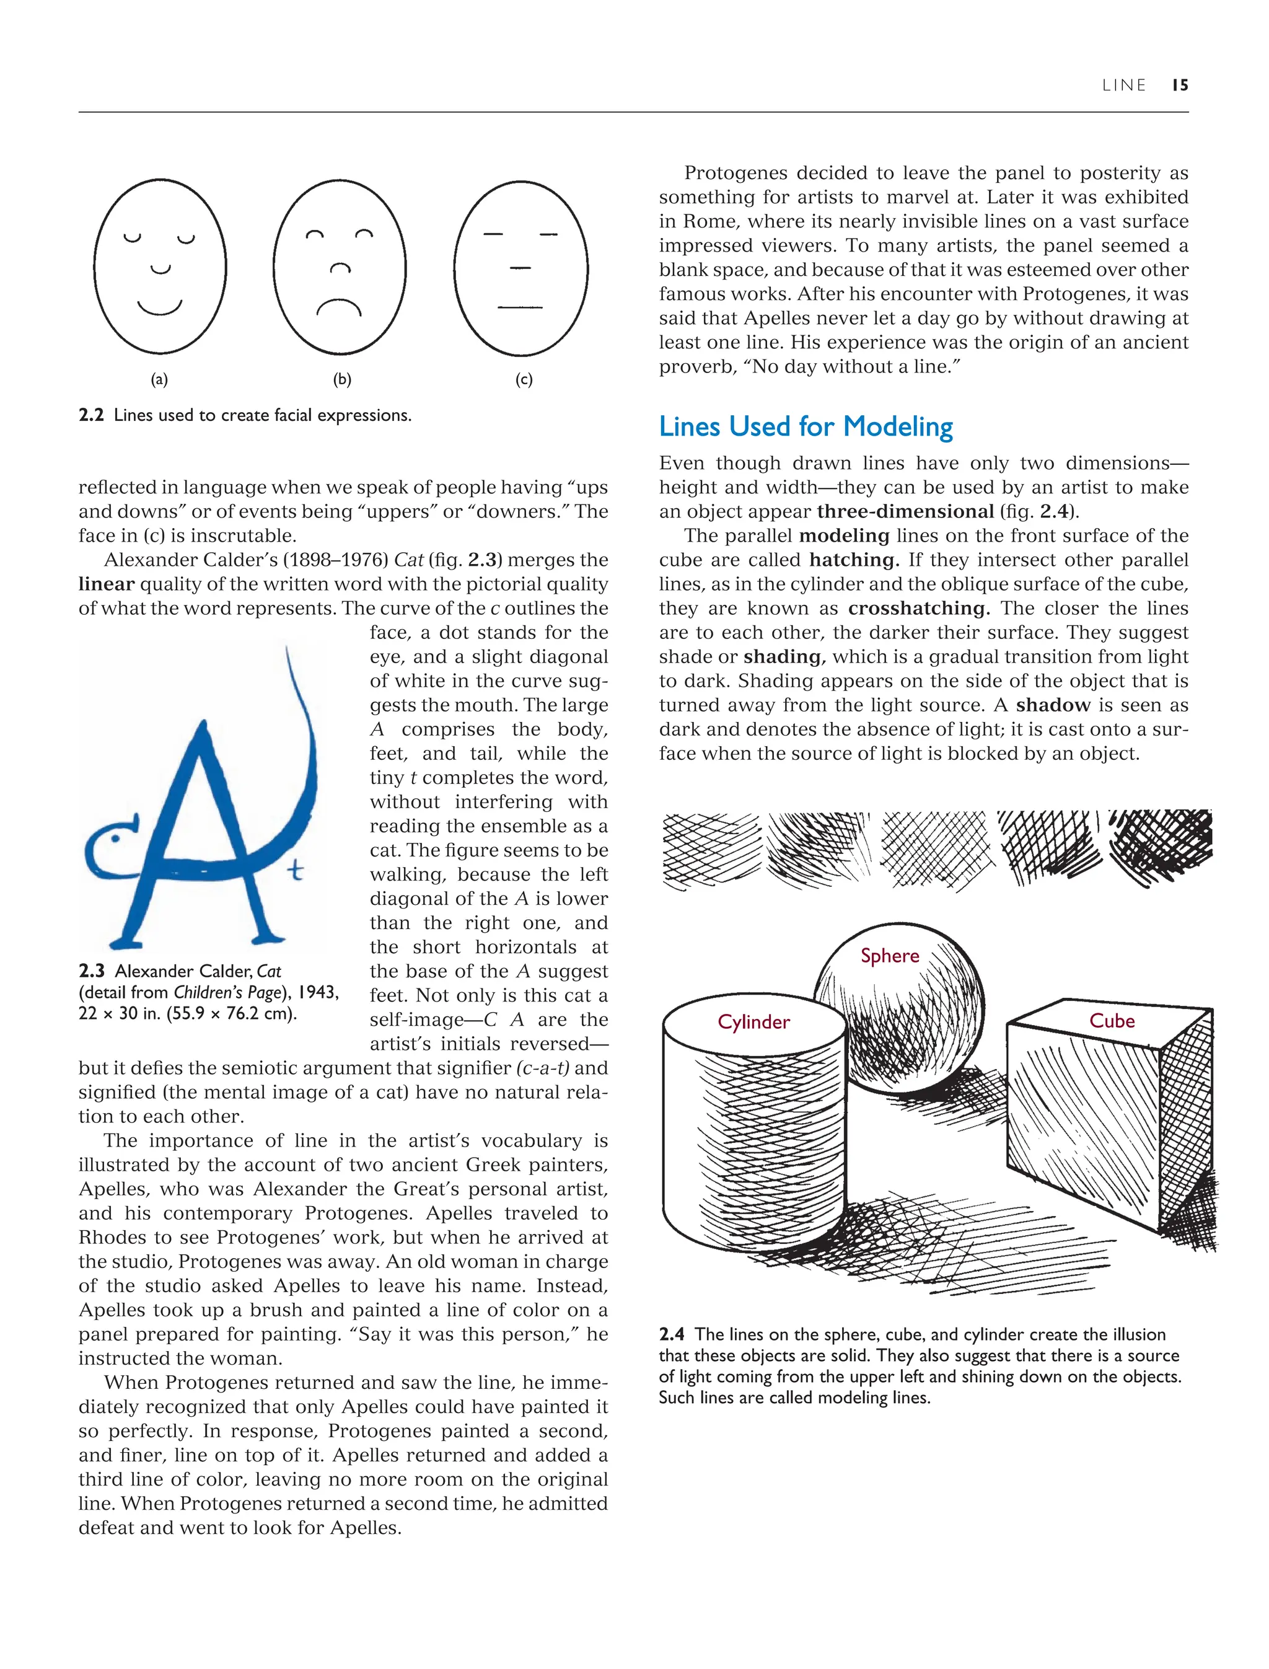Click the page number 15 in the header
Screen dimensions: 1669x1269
tap(1180, 86)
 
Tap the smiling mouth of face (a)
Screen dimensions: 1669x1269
tap(159, 307)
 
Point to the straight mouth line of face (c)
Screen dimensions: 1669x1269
tap(520, 307)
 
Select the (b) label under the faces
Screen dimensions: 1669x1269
tap(342, 379)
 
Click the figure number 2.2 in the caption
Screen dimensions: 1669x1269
tap(90, 416)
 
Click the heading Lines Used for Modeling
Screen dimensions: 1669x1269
tap(806, 426)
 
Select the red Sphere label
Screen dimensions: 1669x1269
tap(890, 956)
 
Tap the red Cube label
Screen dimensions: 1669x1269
tap(1111, 1021)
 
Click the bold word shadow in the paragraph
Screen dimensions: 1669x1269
tap(1053, 705)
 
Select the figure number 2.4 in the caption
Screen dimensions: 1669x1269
tap(672, 1334)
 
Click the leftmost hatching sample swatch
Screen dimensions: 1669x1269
tap(710, 850)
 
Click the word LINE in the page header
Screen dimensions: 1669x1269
tap(1124, 86)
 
